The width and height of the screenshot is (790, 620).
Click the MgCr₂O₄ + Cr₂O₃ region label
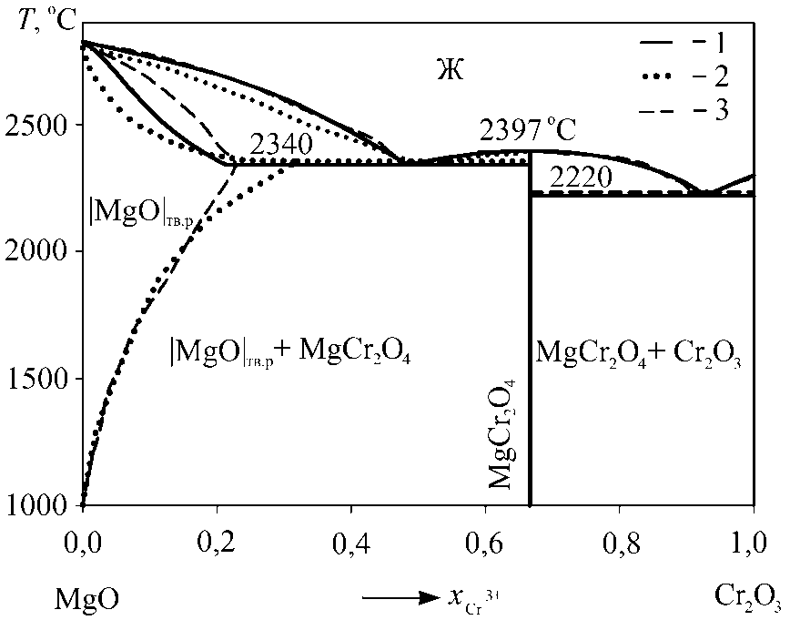click(640, 353)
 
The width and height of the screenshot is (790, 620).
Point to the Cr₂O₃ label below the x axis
click(744, 599)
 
